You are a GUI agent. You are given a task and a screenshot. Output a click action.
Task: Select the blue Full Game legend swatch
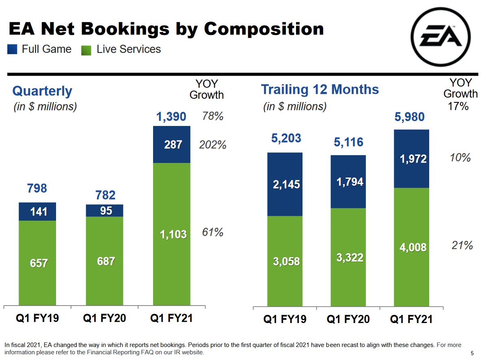(12, 50)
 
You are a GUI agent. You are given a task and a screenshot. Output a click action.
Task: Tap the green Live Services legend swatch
(86, 50)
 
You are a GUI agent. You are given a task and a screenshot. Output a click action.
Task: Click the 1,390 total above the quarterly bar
(171, 117)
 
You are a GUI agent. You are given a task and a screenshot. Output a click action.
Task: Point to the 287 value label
(173, 144)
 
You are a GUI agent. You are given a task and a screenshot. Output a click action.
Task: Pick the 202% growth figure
(212, 145)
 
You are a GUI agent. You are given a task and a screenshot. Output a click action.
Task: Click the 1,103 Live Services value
(173, 234)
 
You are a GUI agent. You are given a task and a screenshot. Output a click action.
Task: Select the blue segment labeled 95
(105, 210)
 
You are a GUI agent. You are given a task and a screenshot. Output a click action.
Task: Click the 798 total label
(37, 189)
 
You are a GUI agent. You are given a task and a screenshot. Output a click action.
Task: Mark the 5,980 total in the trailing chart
(410, 117)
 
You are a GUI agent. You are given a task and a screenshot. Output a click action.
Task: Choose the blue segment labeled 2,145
(286, 184)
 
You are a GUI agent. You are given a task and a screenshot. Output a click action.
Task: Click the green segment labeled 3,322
(350, 257)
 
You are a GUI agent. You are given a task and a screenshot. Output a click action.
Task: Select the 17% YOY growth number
(458, 106)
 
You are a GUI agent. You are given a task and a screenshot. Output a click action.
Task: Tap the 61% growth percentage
(213, 232)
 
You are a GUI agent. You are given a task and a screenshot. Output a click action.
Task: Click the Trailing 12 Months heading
(320, 89)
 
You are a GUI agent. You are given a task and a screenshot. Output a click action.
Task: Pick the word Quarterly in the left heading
(42, 91)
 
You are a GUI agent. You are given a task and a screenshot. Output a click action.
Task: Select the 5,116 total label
(349, 142)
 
